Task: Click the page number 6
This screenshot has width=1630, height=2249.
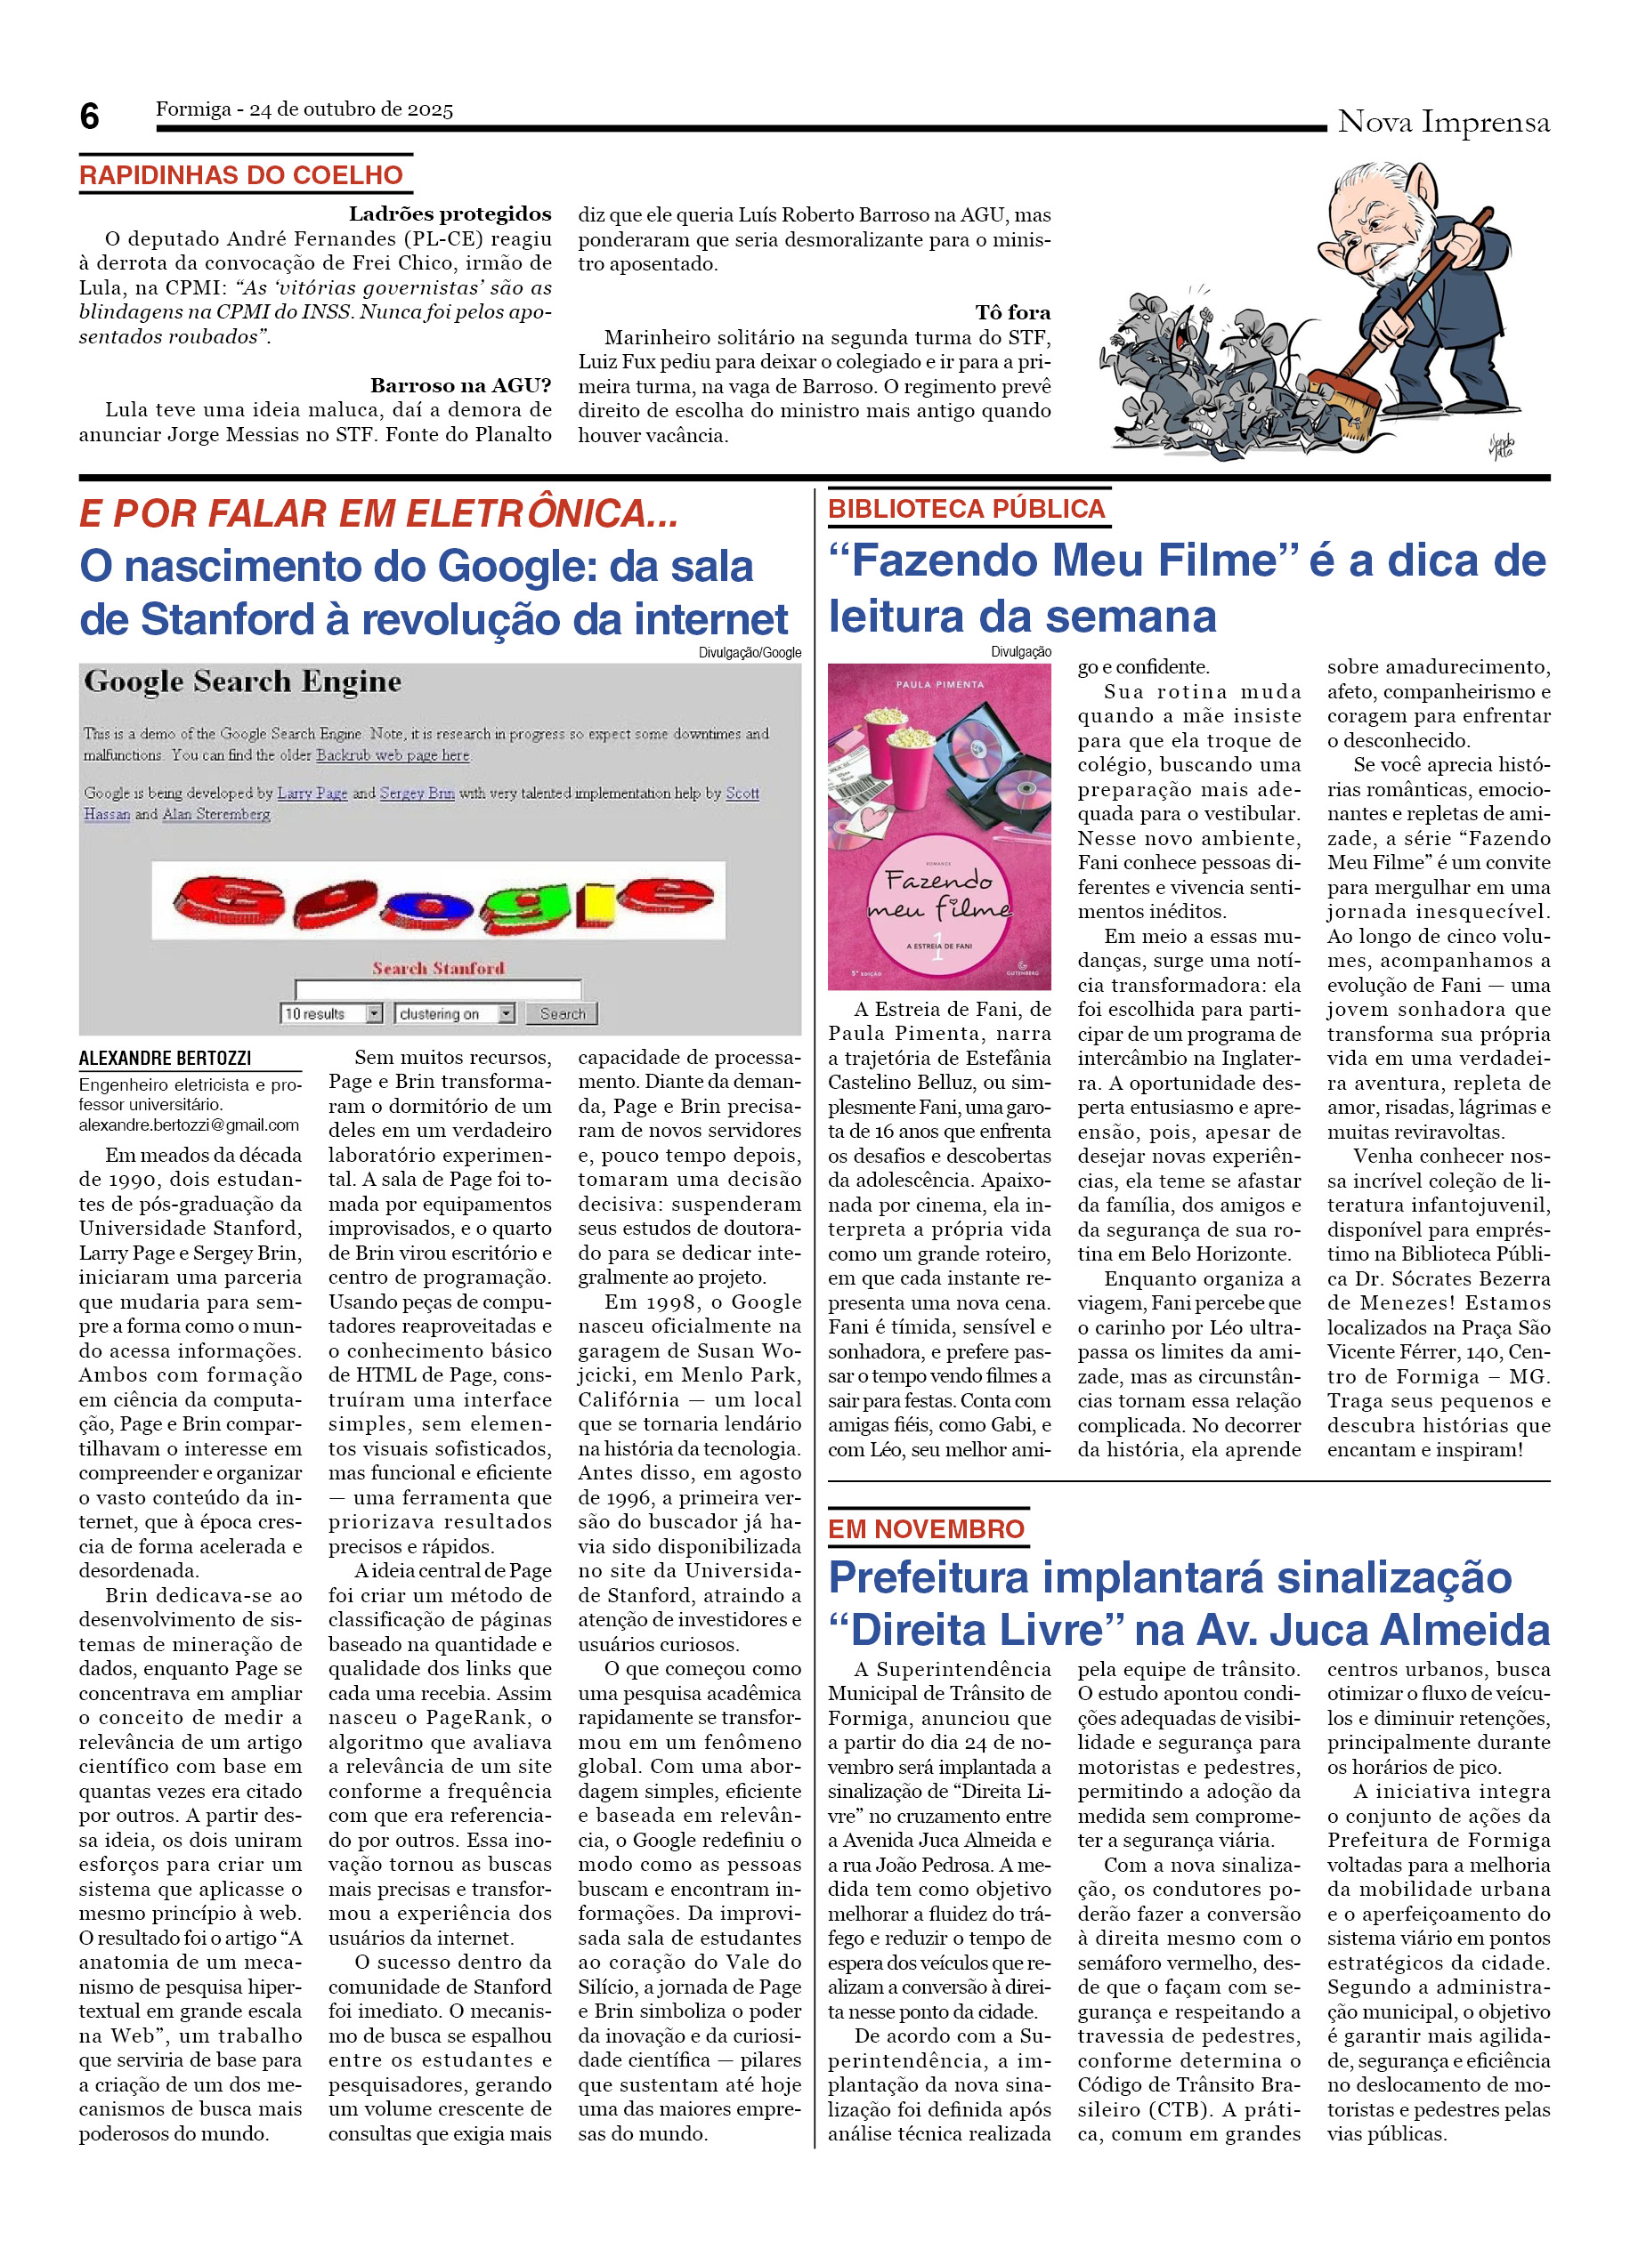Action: (x=89, y=117)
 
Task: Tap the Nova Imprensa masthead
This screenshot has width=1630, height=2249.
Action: (x=1442, y=123)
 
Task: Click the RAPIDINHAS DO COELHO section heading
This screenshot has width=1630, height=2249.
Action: (x=241, y=175)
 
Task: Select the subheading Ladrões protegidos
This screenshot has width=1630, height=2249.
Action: (x=450, y=214)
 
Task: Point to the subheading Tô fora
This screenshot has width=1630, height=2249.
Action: (x=1012, y=312)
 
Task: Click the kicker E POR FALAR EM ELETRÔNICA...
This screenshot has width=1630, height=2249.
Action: (x=378, y=513)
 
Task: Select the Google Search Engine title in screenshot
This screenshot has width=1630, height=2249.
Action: (x=243, y=681)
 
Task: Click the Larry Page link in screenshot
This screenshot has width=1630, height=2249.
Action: (x=312, y=793)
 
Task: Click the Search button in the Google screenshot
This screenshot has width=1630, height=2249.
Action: (x=562, y=1013)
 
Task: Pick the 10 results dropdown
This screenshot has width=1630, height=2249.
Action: (x=331, y=1013)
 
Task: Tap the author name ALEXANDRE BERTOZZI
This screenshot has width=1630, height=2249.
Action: (x=165, y=1058)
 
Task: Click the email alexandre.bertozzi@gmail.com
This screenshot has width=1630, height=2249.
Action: (x=189, y=1125)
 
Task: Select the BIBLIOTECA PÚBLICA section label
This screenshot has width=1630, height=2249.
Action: (x=965, y=509)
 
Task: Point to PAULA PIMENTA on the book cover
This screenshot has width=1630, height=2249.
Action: (x=938, y=684)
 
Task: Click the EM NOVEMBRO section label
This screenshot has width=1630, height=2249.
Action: (x=926, y=1529)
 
